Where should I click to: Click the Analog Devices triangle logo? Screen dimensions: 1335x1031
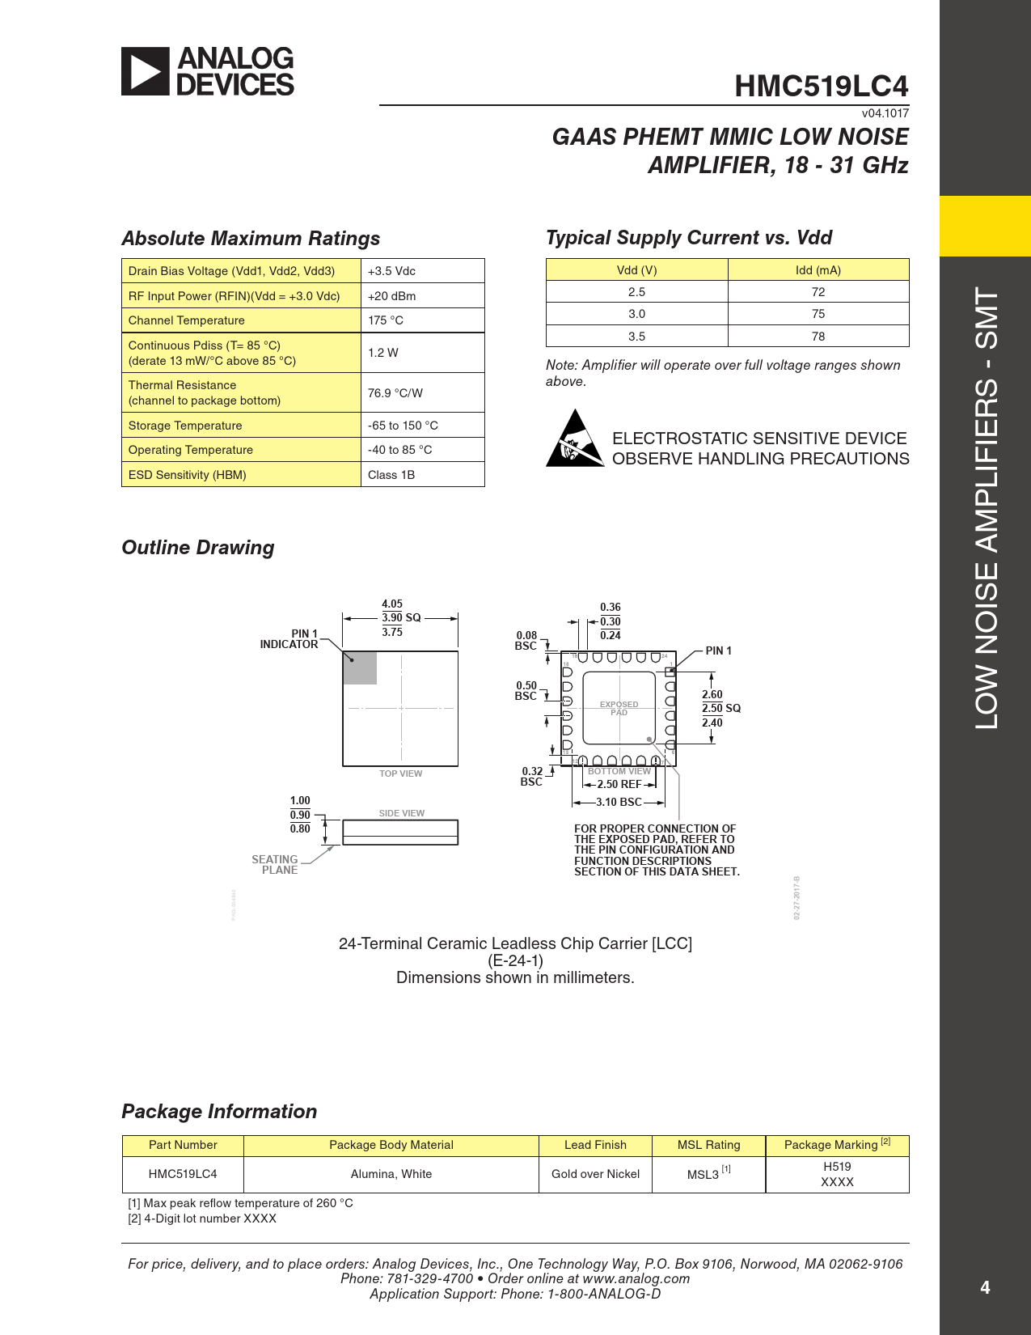click(x=146, y=71)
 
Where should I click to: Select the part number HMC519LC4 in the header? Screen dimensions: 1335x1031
click(x=821, y=87)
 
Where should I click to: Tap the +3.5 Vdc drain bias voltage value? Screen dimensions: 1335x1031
click(x=391, y=271)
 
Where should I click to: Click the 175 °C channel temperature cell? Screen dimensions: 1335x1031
click(x=386, y=320)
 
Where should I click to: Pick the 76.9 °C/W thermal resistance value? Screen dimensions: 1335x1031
click(x=395, y=393)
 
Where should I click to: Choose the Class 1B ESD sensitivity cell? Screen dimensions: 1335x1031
click(x=391, y=475)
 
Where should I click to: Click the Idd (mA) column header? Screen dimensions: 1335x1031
click(x=818, y=270)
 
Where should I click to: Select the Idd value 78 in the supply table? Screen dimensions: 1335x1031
click(x=818, y=337)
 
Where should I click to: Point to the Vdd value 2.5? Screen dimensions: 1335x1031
click(x=636, y=292)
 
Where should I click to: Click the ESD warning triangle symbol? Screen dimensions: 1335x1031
click(x=574, y=439)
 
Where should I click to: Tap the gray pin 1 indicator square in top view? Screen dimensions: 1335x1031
click(x=360, y=668)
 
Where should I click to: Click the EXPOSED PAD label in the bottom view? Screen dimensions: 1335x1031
click(x=619, y=708)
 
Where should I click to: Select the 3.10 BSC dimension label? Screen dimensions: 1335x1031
click(x=619, y=803)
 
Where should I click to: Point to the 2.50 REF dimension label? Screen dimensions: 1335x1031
click(x=619, y=785)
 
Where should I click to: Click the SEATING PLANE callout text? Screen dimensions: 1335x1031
click(x=275, y=865)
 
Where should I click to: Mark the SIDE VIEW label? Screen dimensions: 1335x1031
click(x=401, y=813)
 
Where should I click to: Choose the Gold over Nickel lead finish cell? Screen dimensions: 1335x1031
click(x=595, y=1174)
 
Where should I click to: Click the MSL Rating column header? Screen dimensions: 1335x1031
click(x=708, y=1145)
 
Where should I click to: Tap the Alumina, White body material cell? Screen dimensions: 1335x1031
click(x=391, y=1174)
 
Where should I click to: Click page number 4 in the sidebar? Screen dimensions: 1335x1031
click(x=985, y=1287)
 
